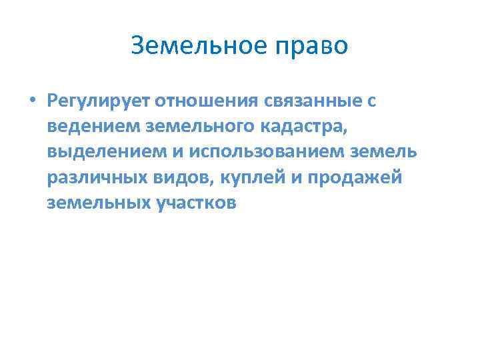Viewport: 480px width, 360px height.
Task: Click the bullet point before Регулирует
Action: (31, 101)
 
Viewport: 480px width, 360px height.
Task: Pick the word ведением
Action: (89, 126)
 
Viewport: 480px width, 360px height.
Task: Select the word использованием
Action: (269, 151)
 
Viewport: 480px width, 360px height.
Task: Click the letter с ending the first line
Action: (371, 101)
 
